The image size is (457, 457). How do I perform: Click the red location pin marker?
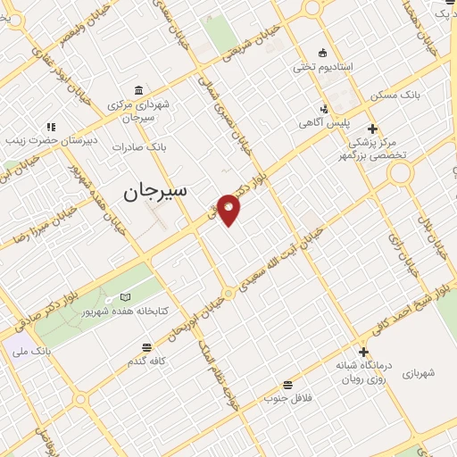[x=229, y=210]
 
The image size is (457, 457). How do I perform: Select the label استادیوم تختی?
[x=323, y=67]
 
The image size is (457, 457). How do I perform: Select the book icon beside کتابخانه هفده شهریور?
[x=125, y=297]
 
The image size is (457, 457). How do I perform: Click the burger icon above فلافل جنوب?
[x=287, y=384]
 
